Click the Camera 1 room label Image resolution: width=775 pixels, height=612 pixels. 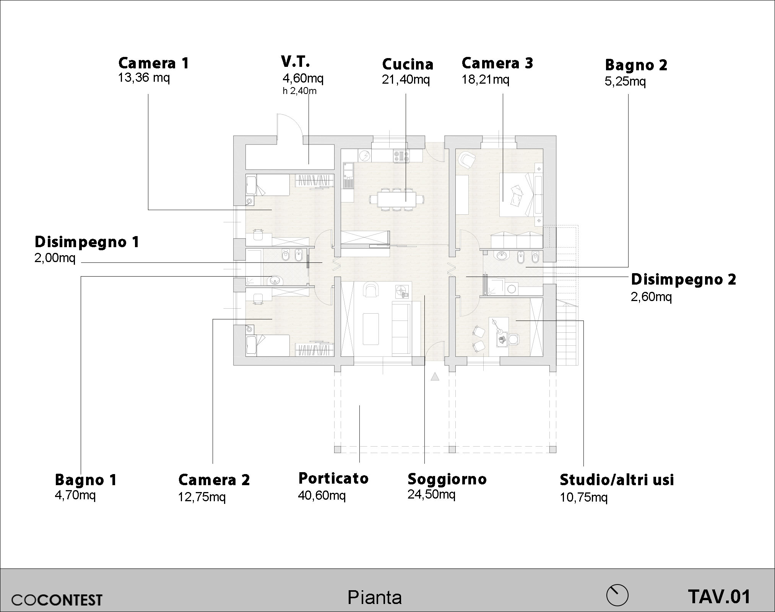[154, 63]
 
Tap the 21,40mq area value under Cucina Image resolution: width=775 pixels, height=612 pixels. [406, 80]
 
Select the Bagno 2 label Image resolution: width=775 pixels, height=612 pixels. [636, 65]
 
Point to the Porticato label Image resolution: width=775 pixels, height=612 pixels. [333, 478]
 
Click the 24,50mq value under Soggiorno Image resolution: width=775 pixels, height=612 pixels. [431, 494]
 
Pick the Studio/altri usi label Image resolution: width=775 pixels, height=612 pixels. [617, 479]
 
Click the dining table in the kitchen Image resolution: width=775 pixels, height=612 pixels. [397, 199]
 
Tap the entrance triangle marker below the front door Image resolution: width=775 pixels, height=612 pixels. [435, 377]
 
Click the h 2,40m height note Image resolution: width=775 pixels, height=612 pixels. [299, 91]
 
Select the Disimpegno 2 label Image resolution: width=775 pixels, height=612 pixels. [683, 279]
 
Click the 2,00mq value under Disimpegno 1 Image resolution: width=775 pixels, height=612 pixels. [55, 258]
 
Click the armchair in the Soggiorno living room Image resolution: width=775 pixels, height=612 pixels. [370, 289]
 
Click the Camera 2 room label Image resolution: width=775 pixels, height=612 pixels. [214, 480]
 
